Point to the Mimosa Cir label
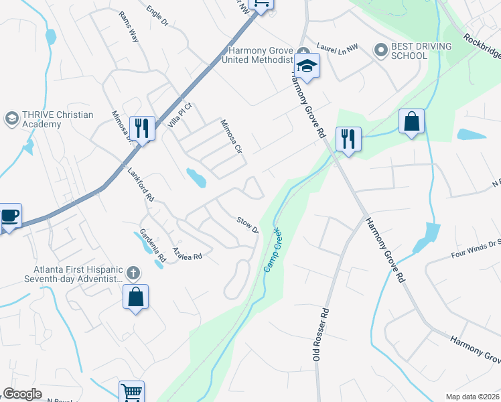click(231, 136)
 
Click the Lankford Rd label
click(141, 185)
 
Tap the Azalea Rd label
click(187, 253)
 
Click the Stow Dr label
click(247, 225)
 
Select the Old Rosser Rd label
click(323, 335)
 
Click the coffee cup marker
click(9, 216)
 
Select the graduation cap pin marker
click(307, 65)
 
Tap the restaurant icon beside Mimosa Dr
click(142, 127)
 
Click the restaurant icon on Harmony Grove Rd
click(348, 139)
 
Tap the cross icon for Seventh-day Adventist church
click(133, 273)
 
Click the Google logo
click(22, 394)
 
